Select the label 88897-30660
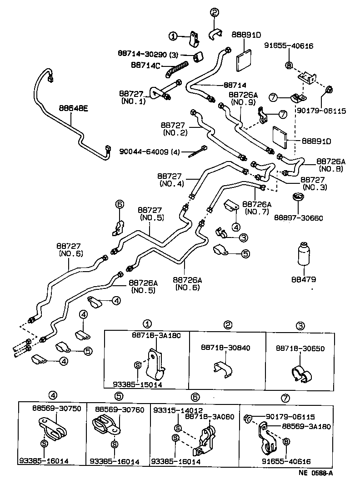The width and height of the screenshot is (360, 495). pyautogui.click(x=298, y=218)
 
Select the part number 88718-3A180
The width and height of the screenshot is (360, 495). pyautogui.click(x=156, y=335)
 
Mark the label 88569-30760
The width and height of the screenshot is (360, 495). pyautogui.click(x=120, y=409)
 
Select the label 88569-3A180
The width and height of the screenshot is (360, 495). pyautogui.click(x=305, y=426)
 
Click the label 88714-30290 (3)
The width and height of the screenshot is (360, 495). pyautogui.click(x=148, y=55)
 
